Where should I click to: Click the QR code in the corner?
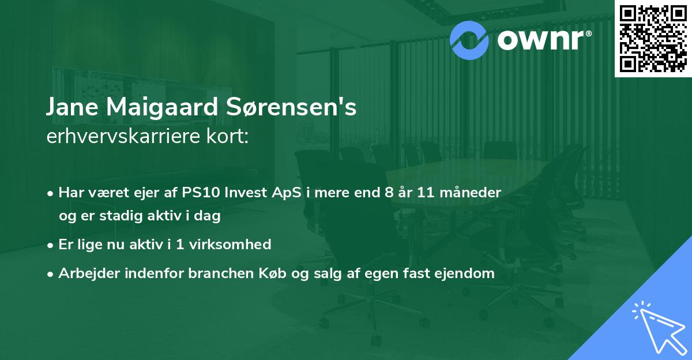coord(653,39)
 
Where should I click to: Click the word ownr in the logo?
coord(543,39)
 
